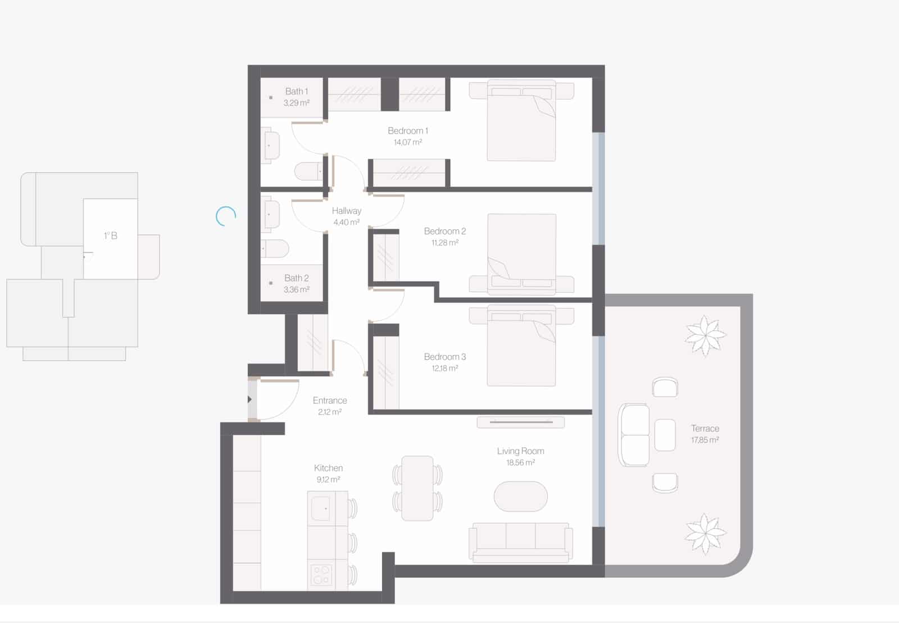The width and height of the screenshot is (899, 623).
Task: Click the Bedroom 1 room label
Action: coord(408,131)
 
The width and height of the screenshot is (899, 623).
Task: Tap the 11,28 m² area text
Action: coord(444,243)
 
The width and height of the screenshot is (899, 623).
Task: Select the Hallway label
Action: coord(346,211)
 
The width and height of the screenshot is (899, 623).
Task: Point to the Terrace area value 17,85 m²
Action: coord(705,440)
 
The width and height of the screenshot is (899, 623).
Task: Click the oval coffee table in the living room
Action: coord(520,497)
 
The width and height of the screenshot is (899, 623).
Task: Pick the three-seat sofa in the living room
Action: coord(520,542)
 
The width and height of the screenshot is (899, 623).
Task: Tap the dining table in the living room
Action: coord(417,488)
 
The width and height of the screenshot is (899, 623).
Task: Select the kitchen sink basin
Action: coord(321,508)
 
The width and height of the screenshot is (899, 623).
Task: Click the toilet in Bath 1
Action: coord(308,172)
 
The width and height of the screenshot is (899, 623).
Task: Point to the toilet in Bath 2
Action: coord(275,249)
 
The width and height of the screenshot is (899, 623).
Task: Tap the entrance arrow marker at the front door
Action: coord(249,399)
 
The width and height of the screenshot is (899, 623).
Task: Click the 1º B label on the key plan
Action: coord(111,236)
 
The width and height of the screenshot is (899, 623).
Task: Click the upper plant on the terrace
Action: coord(705,336)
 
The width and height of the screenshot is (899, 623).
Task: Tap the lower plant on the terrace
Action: coord(705,534)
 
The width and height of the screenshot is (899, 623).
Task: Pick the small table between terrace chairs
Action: coord(665,435)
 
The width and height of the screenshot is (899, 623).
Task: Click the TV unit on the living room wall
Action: coord(520,422)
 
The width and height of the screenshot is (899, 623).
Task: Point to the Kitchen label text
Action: coord(328,468)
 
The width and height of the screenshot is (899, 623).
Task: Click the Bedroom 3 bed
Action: coord(521,345)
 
